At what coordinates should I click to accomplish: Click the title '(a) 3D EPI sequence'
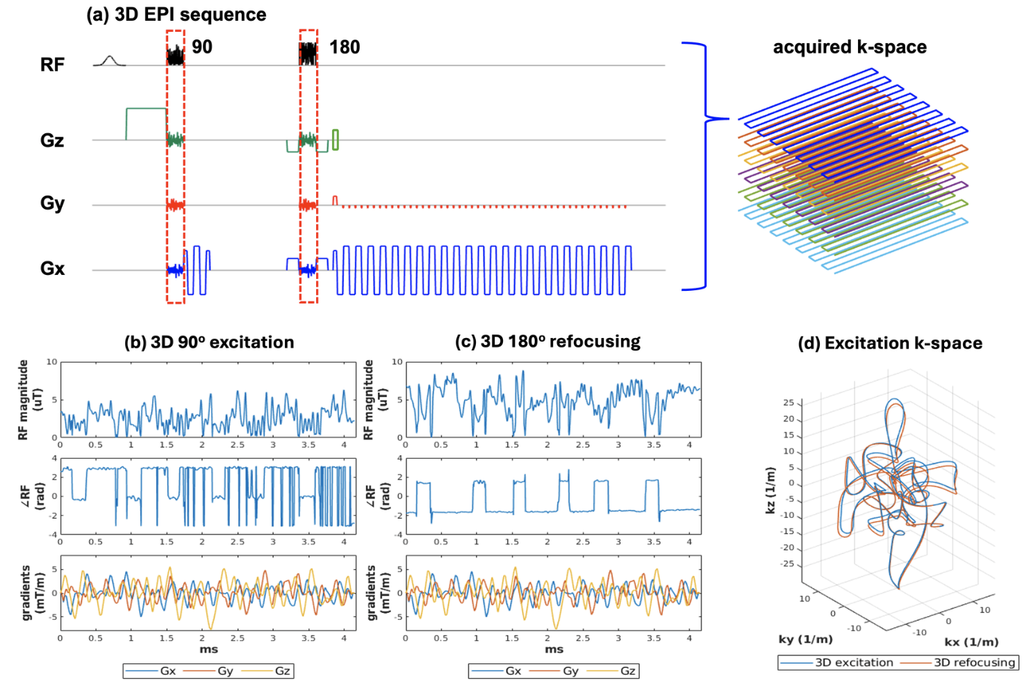(176, 15)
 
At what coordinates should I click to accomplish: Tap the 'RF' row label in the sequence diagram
(52, 65)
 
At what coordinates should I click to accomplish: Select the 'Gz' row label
(52, 140)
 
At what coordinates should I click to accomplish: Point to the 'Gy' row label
(52, 203)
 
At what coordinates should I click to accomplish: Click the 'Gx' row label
(52, 269)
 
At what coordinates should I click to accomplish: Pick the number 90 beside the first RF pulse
(202, 47)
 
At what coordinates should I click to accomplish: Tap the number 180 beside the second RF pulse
(345, 47)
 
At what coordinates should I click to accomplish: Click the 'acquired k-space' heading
(850, 47)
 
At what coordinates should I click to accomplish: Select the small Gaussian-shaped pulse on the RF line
(108, 61)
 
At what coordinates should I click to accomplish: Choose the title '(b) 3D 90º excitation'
(208, 342)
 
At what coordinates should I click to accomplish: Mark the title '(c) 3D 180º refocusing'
(547, 342)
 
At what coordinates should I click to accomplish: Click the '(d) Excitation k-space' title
(890, 343)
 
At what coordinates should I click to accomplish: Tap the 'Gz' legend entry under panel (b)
(282, 671)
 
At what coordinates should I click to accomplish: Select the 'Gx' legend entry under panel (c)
(513, 671)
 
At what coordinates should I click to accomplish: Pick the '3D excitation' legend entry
(854, 662)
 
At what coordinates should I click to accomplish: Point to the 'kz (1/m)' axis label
(770, 490)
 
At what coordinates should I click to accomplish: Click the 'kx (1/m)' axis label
(971, 641)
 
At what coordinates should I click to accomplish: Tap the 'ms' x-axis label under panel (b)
(208, 650)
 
